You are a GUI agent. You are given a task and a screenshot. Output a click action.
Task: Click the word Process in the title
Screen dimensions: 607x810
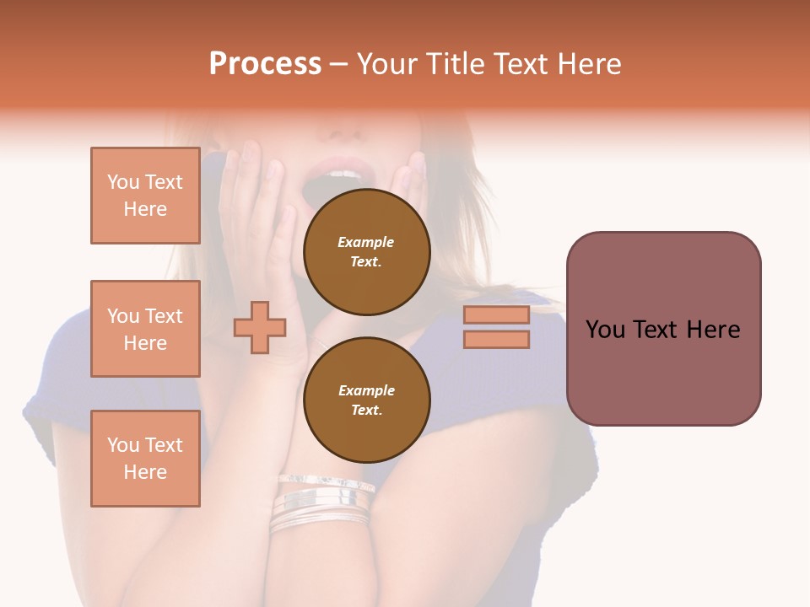tap(265, 64)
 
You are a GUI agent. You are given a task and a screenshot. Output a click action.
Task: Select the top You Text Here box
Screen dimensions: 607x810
tap(145, 196)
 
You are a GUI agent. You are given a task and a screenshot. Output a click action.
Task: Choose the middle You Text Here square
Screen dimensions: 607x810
tap(145, 329)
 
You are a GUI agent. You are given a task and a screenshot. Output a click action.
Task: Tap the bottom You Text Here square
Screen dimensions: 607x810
tap(145, 459)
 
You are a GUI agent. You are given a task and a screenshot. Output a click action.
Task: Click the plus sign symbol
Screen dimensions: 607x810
tap(260, 327)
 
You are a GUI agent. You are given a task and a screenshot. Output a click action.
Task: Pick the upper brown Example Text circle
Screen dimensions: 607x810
tap(366, 252)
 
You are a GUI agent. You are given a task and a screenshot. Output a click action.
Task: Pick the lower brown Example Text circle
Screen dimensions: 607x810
tap(366, 400)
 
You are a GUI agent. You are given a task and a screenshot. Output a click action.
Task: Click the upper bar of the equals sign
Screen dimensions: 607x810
tap(496, 314)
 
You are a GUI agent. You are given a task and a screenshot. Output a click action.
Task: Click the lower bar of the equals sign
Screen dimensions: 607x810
tap(496, 339)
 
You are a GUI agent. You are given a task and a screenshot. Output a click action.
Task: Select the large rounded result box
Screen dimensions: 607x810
tap(663, 329)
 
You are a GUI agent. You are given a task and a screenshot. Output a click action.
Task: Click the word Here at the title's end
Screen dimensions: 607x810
tap(588, 64)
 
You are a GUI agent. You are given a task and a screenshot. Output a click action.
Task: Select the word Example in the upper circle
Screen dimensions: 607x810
tap(366, 242)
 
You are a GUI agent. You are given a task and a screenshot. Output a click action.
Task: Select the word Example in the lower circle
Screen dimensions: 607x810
tap(366, 390)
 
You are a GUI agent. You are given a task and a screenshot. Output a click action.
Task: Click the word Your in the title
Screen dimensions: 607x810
tap(389, 64)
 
